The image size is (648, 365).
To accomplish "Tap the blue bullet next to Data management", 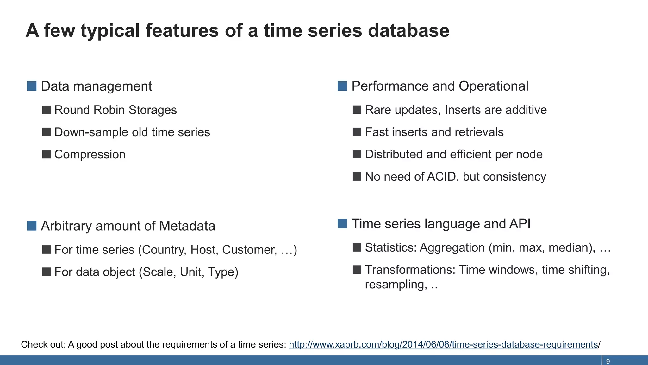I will pyautogui.click(x=32, y=86).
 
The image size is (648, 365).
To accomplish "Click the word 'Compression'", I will pyautogui.click(x=90, y=154).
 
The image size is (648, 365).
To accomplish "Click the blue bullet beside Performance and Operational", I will pyautogui.click(x=342, y=86).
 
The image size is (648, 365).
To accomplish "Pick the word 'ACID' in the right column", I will pyautogui.click(x=441, y=176).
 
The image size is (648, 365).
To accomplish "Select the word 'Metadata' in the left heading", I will pyautogui.click(x=187, y=226).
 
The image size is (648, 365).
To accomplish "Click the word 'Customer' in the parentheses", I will pyautogui.click(x=249, y=250).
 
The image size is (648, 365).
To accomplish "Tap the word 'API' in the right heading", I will pyautogui.click(x=520, y=224).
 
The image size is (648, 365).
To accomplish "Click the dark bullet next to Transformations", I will pyautogui.click(x=357, y=270).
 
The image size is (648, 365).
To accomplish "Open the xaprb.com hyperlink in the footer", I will pyautogui.click(x=443, y=344).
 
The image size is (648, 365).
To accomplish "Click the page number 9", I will pyautogui.click(x=608, y=361).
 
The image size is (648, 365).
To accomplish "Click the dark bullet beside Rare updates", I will pyautogui.click(x=357, y=110).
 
